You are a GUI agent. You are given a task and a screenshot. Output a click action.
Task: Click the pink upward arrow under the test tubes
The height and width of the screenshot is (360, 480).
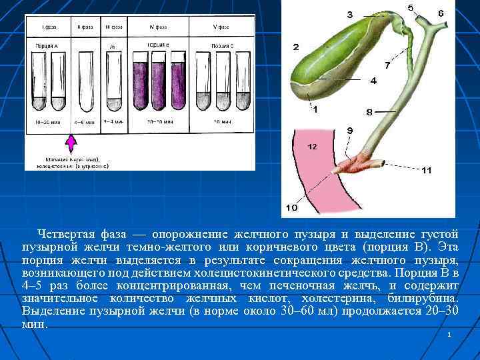click(x=72, y=145)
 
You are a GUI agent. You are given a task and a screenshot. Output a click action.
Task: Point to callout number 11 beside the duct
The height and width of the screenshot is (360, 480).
click(x=426, y=171)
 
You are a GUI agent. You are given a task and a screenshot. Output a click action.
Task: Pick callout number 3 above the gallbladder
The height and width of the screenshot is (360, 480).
click(x=350, y=15)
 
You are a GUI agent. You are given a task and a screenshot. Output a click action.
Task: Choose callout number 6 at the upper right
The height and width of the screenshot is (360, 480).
click(x=441, y=13)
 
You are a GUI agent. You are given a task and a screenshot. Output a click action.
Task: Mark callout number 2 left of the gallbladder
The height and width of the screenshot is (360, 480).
click(x=295, y=47)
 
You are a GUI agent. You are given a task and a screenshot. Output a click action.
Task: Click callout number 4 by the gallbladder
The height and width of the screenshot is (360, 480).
click(x=373, y=81)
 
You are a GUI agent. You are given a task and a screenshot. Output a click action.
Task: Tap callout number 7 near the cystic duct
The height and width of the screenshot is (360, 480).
click(x=387, y=65)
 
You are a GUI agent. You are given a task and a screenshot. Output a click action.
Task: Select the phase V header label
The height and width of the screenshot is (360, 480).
click(x=220, y=27)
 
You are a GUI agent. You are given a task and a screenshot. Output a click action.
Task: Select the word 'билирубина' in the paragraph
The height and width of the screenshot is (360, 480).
click(x=426, y=298)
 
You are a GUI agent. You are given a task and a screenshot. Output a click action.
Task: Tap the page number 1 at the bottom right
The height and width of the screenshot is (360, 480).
click(x=450, y=333)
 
